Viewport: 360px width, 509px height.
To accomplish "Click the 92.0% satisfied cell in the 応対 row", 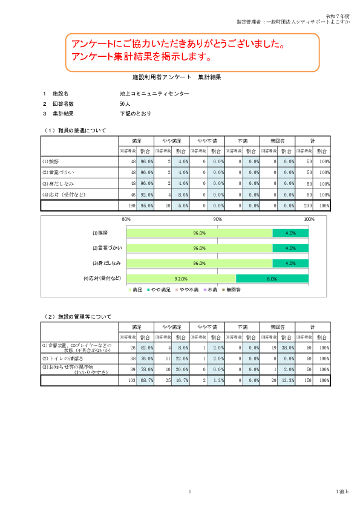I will click(146, 195).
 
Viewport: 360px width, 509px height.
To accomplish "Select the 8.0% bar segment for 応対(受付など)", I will click(272, 279).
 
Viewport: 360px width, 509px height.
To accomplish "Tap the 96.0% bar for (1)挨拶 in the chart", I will click(199, 233).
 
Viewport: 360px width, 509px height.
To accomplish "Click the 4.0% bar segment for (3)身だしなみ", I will click(290, 264).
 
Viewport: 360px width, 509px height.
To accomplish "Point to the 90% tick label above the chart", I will click(218, 219).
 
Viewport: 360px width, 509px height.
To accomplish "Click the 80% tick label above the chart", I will click(126, 219).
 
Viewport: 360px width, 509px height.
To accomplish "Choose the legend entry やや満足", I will click(159, 290).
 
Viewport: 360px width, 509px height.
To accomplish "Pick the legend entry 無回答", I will click(233, 290).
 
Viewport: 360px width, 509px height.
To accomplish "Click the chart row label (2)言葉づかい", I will click(108, 248).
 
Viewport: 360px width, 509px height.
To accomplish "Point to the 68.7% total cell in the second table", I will click(146, 380).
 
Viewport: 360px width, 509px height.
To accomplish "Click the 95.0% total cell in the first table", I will click(146, 206).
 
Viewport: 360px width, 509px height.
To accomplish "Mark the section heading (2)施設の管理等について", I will click(78, 316).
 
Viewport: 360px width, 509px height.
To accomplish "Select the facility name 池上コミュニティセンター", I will click(154, 94).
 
